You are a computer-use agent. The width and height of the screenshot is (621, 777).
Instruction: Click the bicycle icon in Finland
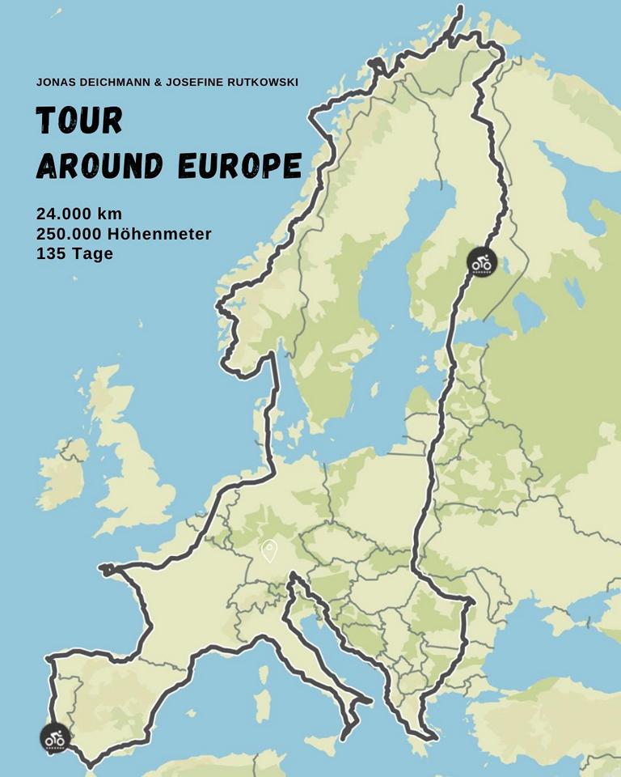[x=481, y=262]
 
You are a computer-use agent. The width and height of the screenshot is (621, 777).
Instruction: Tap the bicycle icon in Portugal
[x=54, y=738]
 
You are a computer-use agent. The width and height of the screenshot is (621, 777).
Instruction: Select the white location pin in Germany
[x=269, y=551]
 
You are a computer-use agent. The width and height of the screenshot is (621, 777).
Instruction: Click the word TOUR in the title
[x=79, y=121]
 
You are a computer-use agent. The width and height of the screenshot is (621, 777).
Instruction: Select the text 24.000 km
[x=78, y=214]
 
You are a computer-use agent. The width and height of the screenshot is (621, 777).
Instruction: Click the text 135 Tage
[x=74, y=253]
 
